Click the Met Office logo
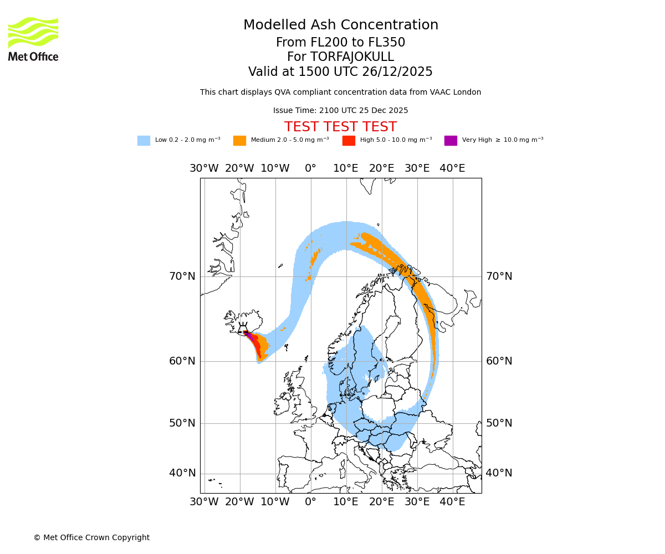coord(33,39)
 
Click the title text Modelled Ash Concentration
coord(340,25)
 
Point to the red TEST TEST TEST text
coord(340,127)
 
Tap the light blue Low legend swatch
coord(144,141)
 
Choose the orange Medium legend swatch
coord(239,141)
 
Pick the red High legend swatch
coord(349,141)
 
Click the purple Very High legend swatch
coord(451,141)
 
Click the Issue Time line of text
coord(340,111)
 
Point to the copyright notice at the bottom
coord(91,537)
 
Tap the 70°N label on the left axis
coord(182,276)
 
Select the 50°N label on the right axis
coord(499,423)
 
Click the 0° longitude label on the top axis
coord(310,168)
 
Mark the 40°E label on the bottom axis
coord(452,502)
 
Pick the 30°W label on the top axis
coord(204,168)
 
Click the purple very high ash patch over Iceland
coord(249,336)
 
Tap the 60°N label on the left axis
coord(182,361)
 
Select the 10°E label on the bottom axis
coord(346,502)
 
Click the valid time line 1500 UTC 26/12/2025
coord(340,72)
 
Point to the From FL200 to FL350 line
coord(340,43)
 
